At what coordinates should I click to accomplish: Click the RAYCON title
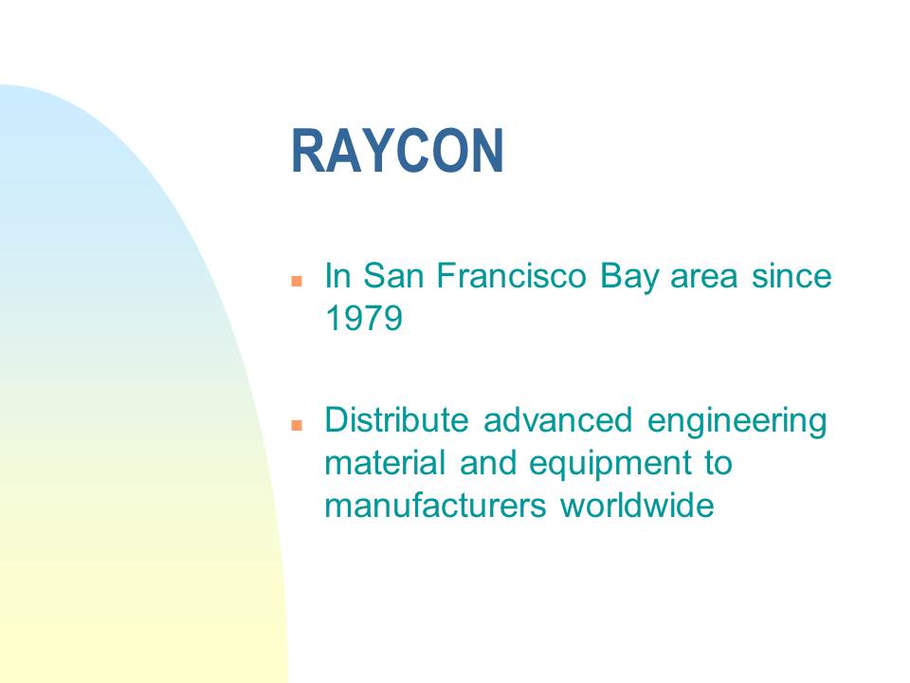tap(397, 151)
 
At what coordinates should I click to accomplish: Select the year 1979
tap(364, 318)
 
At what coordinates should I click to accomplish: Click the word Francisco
tap(511, 275)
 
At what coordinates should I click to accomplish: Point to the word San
tap(393, 275)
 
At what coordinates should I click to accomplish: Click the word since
tap(792, 275)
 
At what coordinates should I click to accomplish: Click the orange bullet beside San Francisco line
tap(297, 281)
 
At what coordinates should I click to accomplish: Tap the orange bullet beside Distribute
tap(297, 425)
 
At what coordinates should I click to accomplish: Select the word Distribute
tap(396, 419)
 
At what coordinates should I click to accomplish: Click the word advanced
tap(557, 419)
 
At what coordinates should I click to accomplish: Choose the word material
tap(386, 462)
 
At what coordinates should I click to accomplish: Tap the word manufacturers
tap(436, 506)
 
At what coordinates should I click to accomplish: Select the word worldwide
tap(637, 506)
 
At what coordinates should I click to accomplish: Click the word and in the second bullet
tap(487, 462)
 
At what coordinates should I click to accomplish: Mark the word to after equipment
tap(719, 464)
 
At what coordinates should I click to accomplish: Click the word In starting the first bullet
tap(337, 275)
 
